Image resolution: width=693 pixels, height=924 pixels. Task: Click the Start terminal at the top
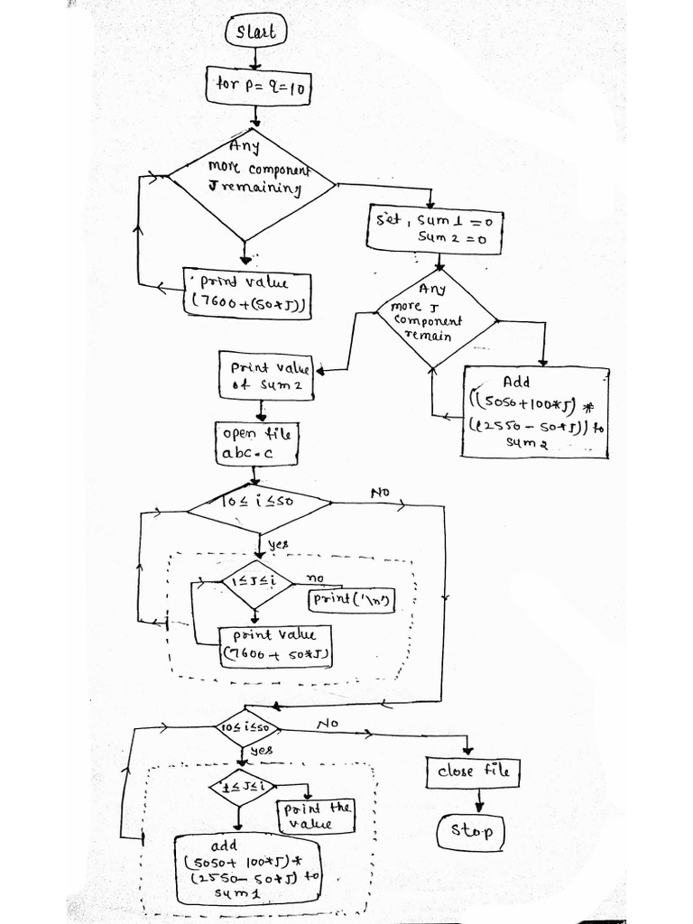(255, 33)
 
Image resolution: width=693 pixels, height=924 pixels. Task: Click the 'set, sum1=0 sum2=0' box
(434, 227)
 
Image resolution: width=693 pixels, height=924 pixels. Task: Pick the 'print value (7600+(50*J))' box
(246, 293)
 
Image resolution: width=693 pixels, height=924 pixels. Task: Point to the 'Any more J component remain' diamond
(437, 319)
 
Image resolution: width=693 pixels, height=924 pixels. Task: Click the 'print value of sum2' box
(266, 375)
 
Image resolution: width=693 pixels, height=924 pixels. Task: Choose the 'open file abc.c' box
(256, 443)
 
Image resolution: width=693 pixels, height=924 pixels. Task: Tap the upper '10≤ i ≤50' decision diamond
(258, 511)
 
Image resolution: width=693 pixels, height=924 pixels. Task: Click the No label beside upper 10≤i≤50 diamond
(379, 493)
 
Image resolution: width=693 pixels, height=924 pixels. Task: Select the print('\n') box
(352, 599)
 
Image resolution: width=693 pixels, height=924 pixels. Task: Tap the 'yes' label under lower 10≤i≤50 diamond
(262, 751)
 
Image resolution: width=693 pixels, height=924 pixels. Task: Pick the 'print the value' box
(315, 817)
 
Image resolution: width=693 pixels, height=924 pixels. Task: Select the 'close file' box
(473, 772)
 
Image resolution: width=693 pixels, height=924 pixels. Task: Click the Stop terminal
(470, 831)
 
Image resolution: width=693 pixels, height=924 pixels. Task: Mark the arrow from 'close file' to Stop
(478, 800)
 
